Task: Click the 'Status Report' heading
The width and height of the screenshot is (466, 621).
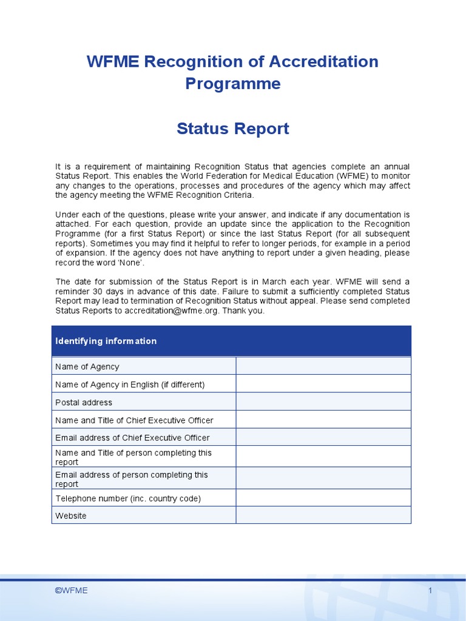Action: (x=233, y=129)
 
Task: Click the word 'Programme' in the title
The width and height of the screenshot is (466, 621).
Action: (x=233, y=83)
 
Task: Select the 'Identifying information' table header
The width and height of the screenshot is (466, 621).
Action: (x=106, y=341)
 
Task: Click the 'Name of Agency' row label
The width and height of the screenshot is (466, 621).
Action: (x=87, y=366)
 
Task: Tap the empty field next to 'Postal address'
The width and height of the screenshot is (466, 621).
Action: (x=323, y=402)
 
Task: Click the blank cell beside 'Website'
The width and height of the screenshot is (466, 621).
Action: (x=323, y=515)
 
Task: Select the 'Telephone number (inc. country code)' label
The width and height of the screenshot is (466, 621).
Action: (x=128, y=498)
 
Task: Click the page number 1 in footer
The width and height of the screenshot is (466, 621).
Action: (x=430, y=591)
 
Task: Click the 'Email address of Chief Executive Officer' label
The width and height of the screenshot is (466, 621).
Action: (x=132, y=437)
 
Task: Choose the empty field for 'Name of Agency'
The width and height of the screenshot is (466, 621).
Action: (x=323, y=366)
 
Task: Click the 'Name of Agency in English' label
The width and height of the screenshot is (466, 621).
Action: (x=130, y=384)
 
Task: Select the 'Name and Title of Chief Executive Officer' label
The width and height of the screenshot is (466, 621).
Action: (x=134, y=420)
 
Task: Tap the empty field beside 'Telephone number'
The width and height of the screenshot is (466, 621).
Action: (x=323, y=498)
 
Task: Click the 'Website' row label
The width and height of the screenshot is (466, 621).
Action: (x=71, y=515)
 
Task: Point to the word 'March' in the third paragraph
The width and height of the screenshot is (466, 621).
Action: (x=265, y=281)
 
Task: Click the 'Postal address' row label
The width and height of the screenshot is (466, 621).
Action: (x=84, y=402)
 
